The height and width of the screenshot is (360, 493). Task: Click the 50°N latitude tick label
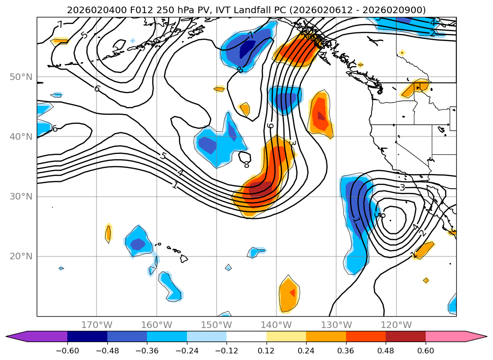pyautogui.click(x=21, y=77)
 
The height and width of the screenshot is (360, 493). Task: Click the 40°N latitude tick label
pyautogui.click(x=21, y=137)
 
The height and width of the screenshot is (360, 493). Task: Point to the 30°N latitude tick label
pyautogui.click(x=21, y=197)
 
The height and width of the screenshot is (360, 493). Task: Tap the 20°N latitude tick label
pyautogui.click(x=21, y=256)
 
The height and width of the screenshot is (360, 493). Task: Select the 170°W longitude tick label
pyautogui.click(x=97, y=325)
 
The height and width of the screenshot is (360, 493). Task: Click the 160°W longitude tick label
pyautogui.click(x=156, y=325)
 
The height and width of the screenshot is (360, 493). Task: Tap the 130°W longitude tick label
pyautogui.click(x=336, y=325)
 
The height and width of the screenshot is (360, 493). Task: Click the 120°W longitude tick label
pyautogui.click(x=396, y=325)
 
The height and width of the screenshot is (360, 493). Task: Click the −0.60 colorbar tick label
pyautogui.click(x=67, y=351)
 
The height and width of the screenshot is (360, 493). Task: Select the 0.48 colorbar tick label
pyautogui.click(x=386, y=351)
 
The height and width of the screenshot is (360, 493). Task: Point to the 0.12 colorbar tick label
pyautogui.click(x=267, y=351)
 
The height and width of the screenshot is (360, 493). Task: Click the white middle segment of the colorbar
pyautogui.click(x=246, y=336)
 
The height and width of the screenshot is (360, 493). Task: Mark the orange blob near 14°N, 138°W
pyautogui.click(x=289, y=294)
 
